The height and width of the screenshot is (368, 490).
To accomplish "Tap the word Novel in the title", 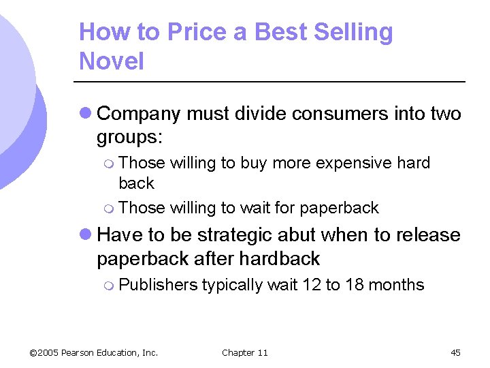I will tap(112, 61).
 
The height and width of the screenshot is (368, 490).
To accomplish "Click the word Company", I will tap(140, 114).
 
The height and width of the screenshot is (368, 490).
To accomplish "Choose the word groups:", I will tap(129, 137).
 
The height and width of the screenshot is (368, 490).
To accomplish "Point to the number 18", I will tap(355, 285).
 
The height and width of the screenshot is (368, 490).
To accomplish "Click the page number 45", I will tap(455, 352).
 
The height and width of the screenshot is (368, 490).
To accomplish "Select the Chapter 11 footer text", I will tap(245, 352).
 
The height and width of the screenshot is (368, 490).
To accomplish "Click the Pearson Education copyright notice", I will tap(94, 352).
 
